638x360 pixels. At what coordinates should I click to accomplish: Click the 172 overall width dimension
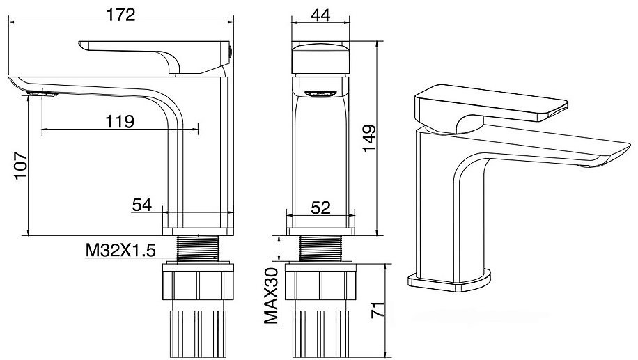[x=120, y=15]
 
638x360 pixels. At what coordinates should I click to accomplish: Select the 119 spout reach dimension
[x=120, y=121]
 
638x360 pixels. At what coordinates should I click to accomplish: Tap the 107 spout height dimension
[x=20, y=166]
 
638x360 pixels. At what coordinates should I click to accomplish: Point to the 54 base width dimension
[x=142, y=205]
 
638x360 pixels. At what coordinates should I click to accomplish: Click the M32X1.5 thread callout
[x=120, y=251]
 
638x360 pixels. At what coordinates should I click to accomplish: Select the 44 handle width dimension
[x=320, y=15]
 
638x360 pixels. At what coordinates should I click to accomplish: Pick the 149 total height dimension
[x=369, y=139]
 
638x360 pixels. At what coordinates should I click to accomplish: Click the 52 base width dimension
[x=320, y=208]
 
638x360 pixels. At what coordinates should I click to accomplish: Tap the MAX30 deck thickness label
[x=271, y=296]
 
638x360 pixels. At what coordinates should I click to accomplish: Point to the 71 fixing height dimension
[x=378, y=310]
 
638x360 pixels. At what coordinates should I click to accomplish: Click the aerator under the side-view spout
[x=42, y=94]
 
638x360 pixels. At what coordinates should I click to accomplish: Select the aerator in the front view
[x=320, y=93]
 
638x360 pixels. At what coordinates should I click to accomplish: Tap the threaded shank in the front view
[x=320, y=248]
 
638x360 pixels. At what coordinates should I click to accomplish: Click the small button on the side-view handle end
[x=231, y=52]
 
